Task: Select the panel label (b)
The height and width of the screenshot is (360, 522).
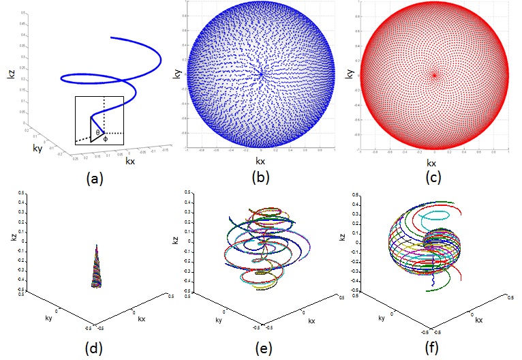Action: point(262,180)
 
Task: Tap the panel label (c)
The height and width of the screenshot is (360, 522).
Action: point(433,180)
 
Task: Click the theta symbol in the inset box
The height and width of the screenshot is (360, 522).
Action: point(97,132)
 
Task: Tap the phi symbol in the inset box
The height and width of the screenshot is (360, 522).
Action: point(105,139)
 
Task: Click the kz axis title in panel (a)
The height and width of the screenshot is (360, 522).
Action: point(10,85)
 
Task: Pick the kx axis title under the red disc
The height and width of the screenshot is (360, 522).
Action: point(432,164)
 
